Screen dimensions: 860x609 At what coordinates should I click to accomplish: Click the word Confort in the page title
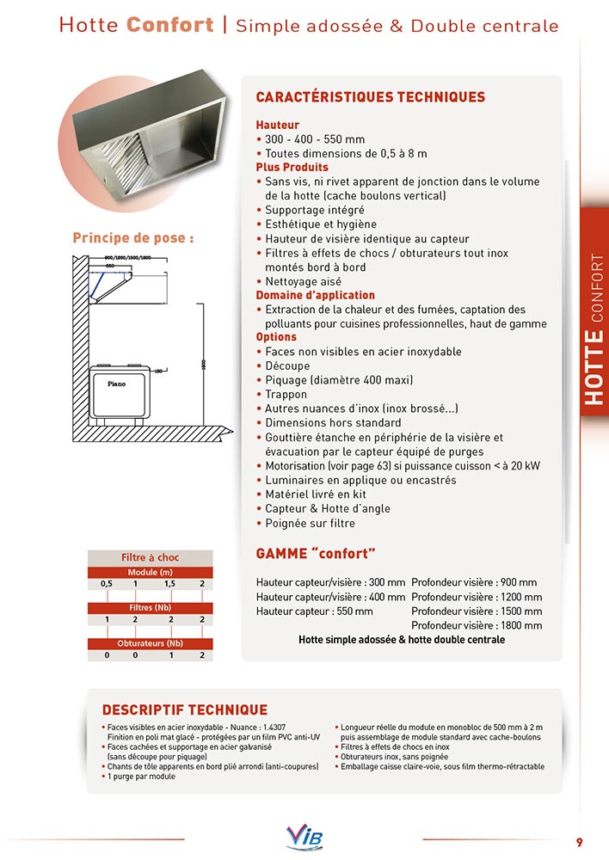[170, 25]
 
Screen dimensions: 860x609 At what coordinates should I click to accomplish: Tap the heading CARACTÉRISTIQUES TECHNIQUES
[371, 97]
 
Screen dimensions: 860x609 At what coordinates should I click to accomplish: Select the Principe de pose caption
[132, 238]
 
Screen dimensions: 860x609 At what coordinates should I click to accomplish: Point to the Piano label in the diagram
[116, 384]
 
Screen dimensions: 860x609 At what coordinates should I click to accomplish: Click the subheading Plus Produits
[292, 167]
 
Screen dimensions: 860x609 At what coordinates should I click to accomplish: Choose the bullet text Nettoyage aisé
[303, 281]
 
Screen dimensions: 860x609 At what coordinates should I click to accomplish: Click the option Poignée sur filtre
[310, 523]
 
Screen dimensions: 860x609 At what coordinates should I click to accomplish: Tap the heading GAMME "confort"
[317, 552]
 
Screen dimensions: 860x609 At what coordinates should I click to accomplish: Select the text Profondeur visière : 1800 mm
[477, 625]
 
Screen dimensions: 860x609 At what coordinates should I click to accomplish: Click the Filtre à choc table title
[150, 557]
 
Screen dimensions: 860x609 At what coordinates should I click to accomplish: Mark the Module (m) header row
[150, 572]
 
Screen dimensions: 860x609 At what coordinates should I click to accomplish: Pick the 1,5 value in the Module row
[169, 584]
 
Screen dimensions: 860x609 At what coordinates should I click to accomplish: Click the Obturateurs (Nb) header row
[150, 642]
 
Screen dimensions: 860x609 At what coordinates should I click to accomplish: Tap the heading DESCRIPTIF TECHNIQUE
[184, 710]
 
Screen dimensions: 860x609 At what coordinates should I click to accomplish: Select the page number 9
[580, 841]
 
